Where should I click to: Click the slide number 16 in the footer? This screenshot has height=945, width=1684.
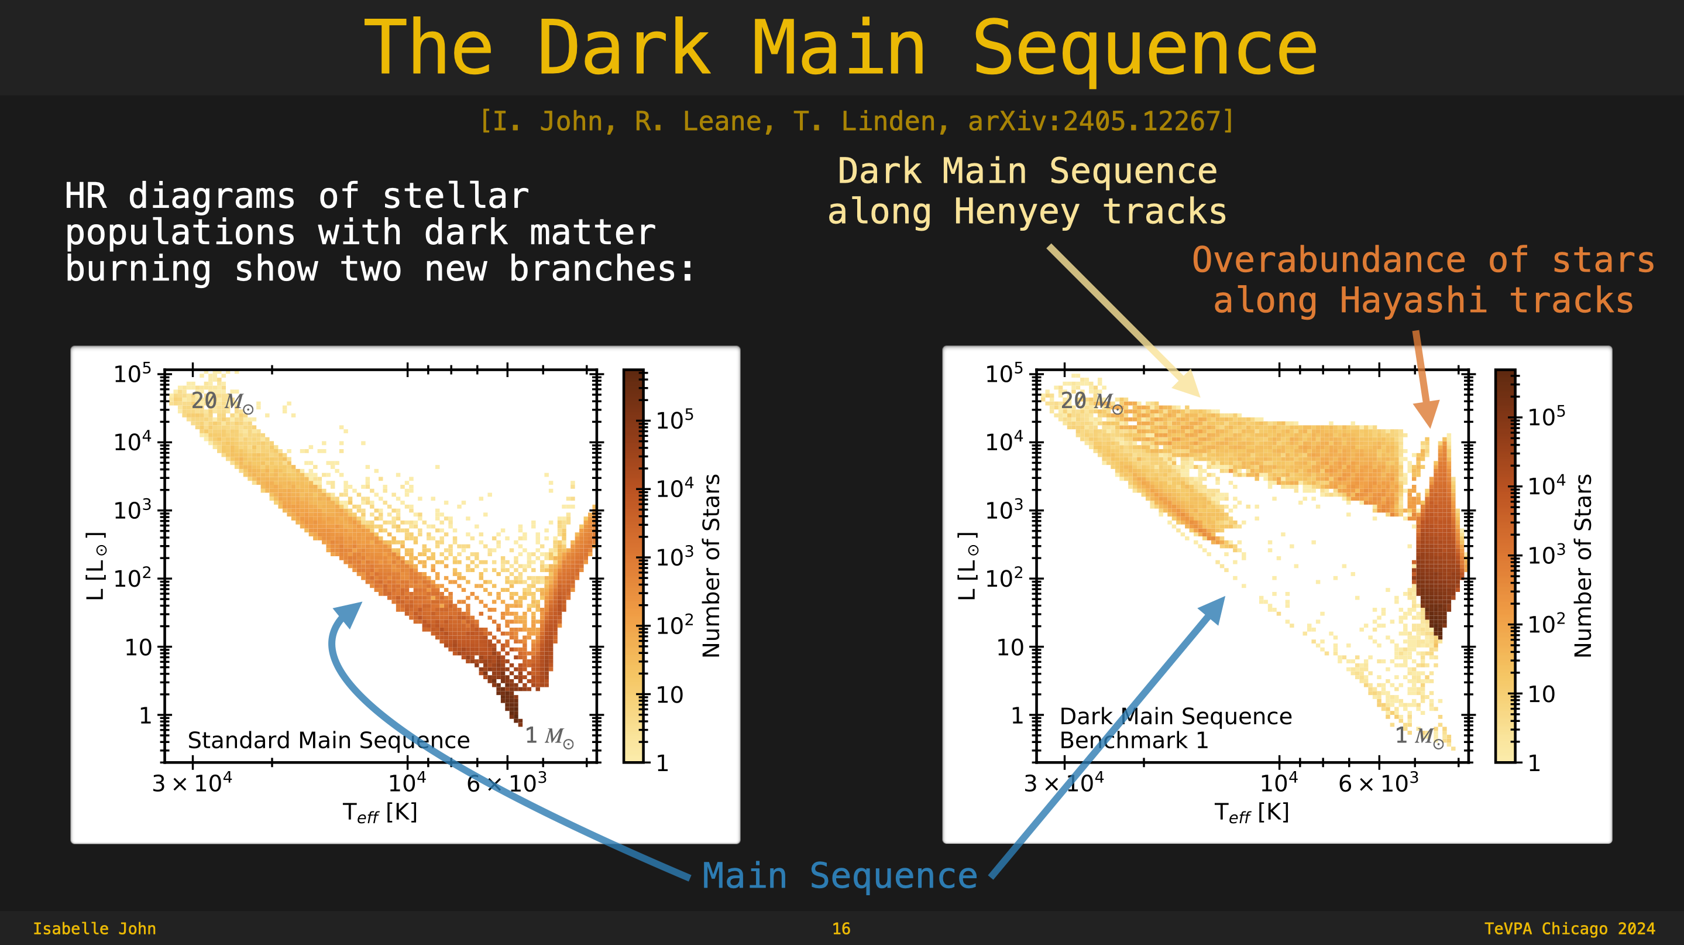pyautogui.click(x=841, y=929)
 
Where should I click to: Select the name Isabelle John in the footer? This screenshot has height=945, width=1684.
pyautogui.click(x=95, y=929)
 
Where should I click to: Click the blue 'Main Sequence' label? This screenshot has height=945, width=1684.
pyautogui.click(x=840, y=876)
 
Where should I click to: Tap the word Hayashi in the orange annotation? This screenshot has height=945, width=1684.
pyautogui.click(x=1413, y=301)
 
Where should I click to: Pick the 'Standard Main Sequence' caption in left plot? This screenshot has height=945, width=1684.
pyautogui.click(x=329, y=740)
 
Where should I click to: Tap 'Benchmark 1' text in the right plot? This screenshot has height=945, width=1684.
pyautogui.click(x=1134, y=740)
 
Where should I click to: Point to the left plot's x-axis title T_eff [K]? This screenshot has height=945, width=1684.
pyautogui.click(x=380, y=812)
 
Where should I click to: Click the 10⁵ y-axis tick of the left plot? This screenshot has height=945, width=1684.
pyautogui.click(x=133, y=374)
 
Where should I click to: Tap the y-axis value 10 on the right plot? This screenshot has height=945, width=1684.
pyautogui.click(x=1010, y=648)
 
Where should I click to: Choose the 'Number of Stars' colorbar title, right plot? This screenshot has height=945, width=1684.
pyautogui.click(x=1583, y=566)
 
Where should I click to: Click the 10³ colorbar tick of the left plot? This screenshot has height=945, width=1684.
pyautogui.click(x=675, y=557)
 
